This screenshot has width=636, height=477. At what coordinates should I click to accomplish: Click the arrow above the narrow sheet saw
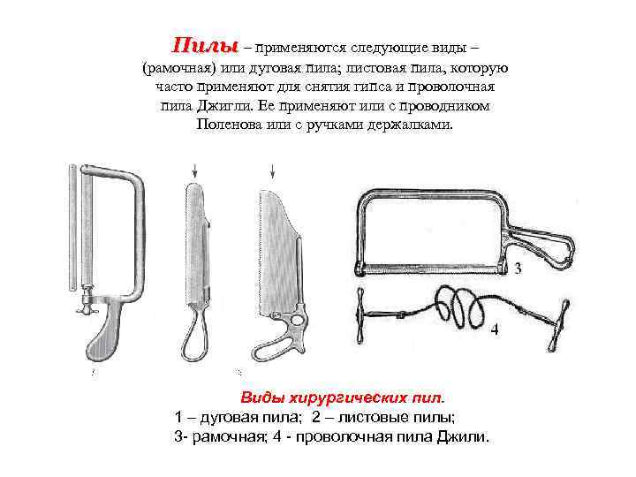193,168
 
